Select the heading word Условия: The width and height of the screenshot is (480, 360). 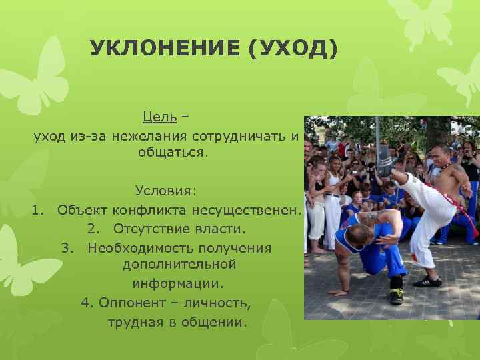coord(166,192)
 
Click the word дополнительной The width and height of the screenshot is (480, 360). coord(179,265)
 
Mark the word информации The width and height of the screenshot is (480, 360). coord(178,283)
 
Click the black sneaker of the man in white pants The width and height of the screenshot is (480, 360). coord(427,281)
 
